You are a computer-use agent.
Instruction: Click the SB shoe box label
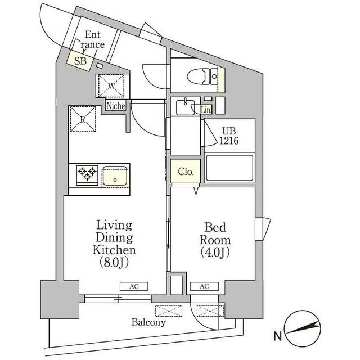[80, 61]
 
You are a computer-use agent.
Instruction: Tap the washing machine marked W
[111, 85]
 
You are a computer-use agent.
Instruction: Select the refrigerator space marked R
[83, 119]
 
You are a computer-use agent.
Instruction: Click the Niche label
[116, 106]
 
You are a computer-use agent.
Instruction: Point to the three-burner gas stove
[87, 175]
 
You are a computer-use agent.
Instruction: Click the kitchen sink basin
[115, 176]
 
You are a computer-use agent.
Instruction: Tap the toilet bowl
[202, 76]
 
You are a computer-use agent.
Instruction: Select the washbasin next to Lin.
[185, 107]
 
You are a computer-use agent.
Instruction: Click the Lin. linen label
[206, 110]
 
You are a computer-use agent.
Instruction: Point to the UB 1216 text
[229, 136]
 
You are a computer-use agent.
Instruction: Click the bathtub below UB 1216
[229, 168]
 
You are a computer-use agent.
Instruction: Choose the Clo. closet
[186, 171]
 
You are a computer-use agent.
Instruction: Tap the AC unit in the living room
[134, 286]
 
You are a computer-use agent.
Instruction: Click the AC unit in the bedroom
[204, 286]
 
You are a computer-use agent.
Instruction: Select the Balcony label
[148, 322]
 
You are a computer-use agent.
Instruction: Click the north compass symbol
[302, 328]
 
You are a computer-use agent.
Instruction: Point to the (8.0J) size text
[114, 262]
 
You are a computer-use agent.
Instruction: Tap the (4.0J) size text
[215, 252]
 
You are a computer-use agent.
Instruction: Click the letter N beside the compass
[277, 336]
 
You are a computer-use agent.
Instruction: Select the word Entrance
[92, 40]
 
